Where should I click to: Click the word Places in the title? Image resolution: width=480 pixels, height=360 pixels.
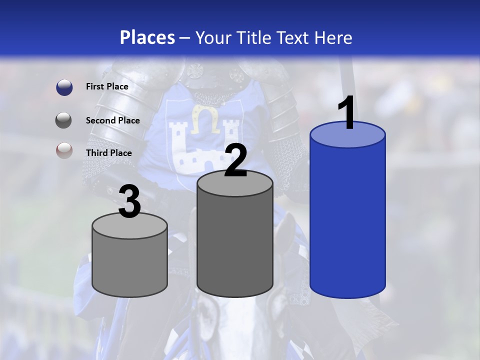point(147,37)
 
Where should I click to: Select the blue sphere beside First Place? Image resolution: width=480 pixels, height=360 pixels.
point(64,87)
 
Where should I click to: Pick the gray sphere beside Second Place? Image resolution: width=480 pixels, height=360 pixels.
point(64,120)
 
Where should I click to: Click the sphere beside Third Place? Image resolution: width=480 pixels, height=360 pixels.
point(64,151)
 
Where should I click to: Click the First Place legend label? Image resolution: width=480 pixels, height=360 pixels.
point(107,86)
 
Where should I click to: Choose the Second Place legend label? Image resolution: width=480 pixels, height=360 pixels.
point(112,120)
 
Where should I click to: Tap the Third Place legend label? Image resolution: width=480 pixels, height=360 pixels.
point(108,153)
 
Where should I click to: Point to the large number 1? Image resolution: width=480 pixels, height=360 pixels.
point(347,112)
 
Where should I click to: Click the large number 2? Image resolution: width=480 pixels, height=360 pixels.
point(235,160)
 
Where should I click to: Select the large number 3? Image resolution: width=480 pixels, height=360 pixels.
point(129,202)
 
